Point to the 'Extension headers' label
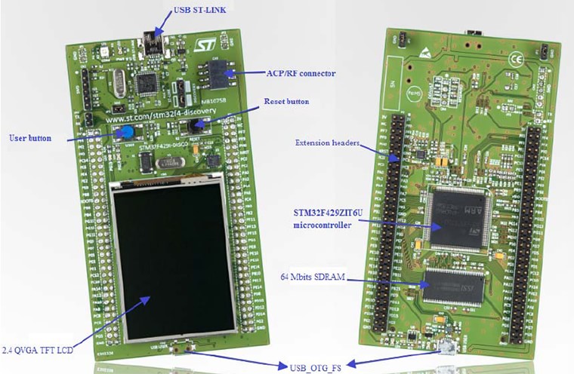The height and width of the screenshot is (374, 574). [327, 143]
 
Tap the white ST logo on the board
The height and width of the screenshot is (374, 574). [205, 45]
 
